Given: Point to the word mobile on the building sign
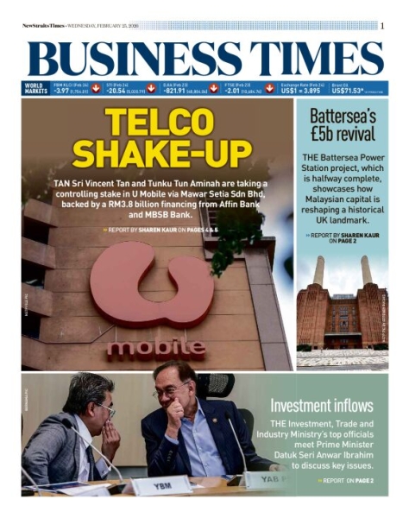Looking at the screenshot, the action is [x=155, y=348].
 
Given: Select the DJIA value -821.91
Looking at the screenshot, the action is [x=175, y=90].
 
